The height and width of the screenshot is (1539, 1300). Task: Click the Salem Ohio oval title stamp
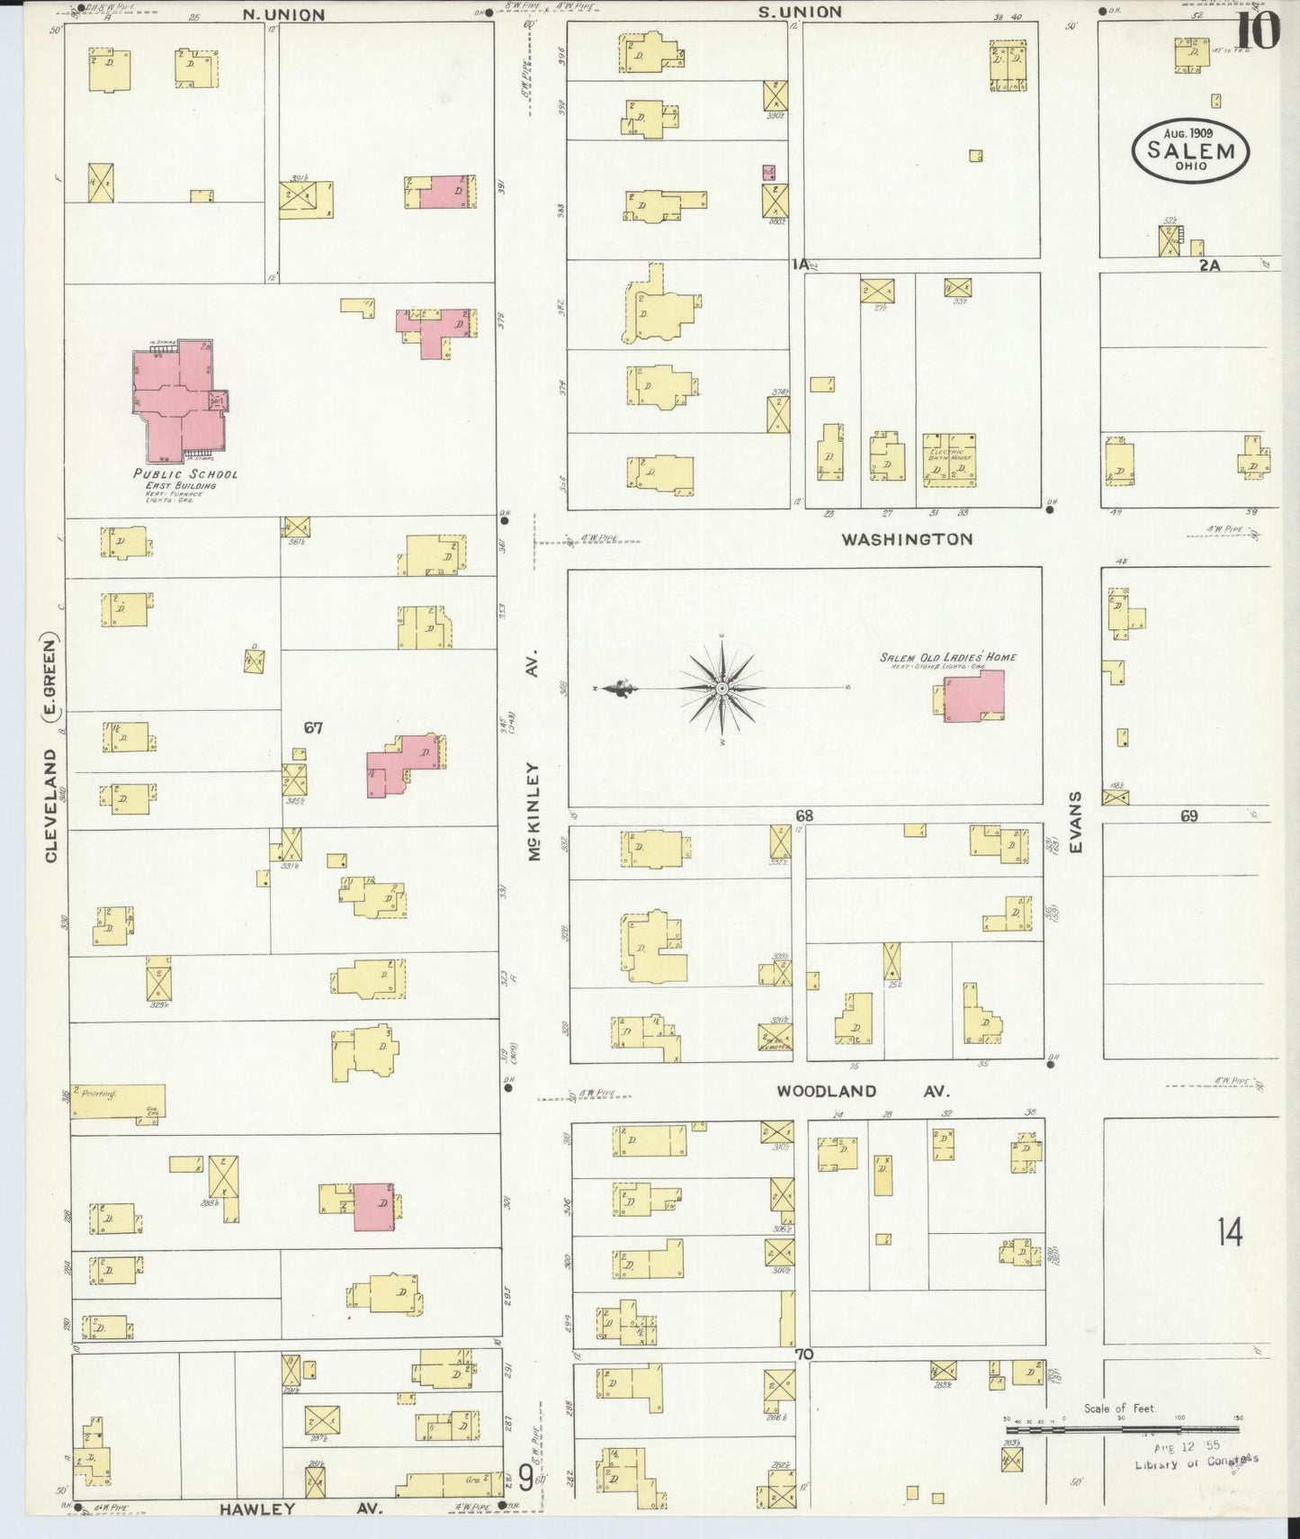pos(1189,150)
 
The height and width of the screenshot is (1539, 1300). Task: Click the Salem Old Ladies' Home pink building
pos(974,696)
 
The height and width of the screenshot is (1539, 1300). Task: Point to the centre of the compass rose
pos(722,688)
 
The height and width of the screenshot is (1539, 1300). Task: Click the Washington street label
pos(907,539)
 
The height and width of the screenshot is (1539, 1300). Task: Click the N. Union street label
pos(283,14)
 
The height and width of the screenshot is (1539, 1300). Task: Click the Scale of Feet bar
pos(1122,1428)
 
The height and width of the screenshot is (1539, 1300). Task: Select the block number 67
pos(312,727)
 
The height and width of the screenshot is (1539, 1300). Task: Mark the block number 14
pos(1230,1232)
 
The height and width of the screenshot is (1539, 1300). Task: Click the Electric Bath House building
pos(949,461)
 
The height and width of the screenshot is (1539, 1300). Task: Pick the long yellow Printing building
pos(118,1100)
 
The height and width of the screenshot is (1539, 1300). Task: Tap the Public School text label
pos(185,473)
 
